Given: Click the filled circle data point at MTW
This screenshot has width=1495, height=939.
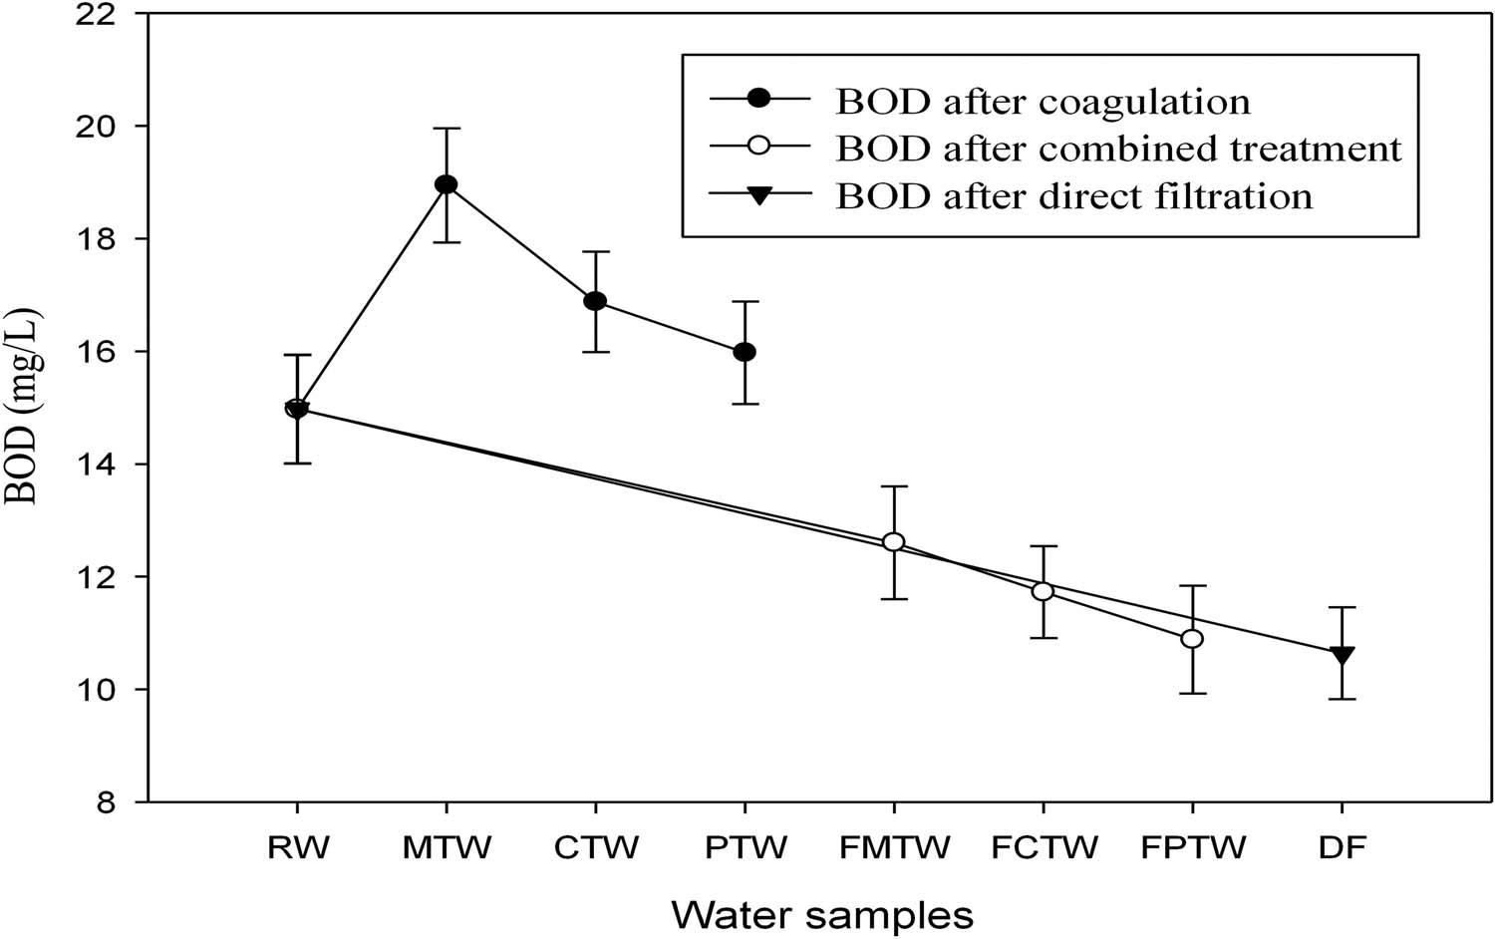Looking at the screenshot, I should tap(447, 184).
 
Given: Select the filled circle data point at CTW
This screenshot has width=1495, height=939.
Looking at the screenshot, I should tap(595, 301).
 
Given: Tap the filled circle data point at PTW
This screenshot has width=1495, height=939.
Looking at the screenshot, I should tap(745, 352).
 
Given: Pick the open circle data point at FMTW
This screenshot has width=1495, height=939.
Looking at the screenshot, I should tap(894, 542).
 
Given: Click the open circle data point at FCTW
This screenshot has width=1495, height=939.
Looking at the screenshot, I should tap(1043, 591).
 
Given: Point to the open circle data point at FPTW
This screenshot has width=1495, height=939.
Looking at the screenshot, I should tap(1192, 639).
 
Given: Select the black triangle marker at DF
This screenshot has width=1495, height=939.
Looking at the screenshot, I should tap(1342, 655).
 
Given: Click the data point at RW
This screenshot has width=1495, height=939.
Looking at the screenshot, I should tap(297, 409).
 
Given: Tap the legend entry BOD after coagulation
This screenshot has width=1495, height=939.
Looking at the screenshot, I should tap(1043, 101).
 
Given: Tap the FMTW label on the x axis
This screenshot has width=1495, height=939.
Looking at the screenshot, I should tap(894, 849).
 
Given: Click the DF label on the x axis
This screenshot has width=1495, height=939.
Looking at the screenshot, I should tap(1342, 849).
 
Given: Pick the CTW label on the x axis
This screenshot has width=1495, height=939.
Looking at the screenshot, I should tap(595, 849).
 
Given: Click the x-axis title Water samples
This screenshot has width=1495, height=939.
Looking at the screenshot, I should tap(822, 913).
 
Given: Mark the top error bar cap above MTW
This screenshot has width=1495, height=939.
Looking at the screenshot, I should tap(447, 128).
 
